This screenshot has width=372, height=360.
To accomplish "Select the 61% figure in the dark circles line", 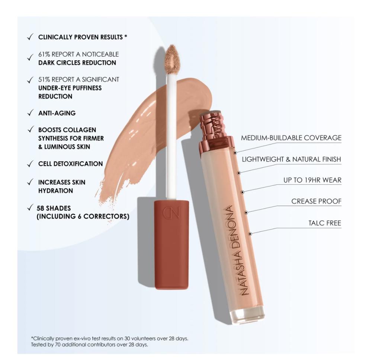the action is click(44, 54).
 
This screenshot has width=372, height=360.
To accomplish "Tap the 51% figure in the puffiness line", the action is click(44, 80).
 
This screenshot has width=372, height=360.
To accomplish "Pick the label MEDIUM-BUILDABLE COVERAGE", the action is click(291, 138).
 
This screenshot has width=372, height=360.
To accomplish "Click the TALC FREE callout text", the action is click(325, 223).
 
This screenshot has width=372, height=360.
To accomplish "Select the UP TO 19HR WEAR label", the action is click(312, 180).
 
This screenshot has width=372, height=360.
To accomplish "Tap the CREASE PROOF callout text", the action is click(316, 201).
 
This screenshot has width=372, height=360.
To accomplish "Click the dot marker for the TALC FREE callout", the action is click(250, 234).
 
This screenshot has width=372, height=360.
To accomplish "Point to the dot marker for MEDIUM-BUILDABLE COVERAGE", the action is click(235, 153).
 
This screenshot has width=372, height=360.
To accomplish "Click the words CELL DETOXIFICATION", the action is click(70, 164).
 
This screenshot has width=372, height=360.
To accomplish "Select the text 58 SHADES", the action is click(54, 208).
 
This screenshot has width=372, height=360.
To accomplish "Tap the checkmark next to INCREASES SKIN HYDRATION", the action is click(30, 182).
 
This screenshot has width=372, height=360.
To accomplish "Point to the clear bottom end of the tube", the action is click(247, 315).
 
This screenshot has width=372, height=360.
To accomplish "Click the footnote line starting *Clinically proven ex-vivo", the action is click(110, 338).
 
